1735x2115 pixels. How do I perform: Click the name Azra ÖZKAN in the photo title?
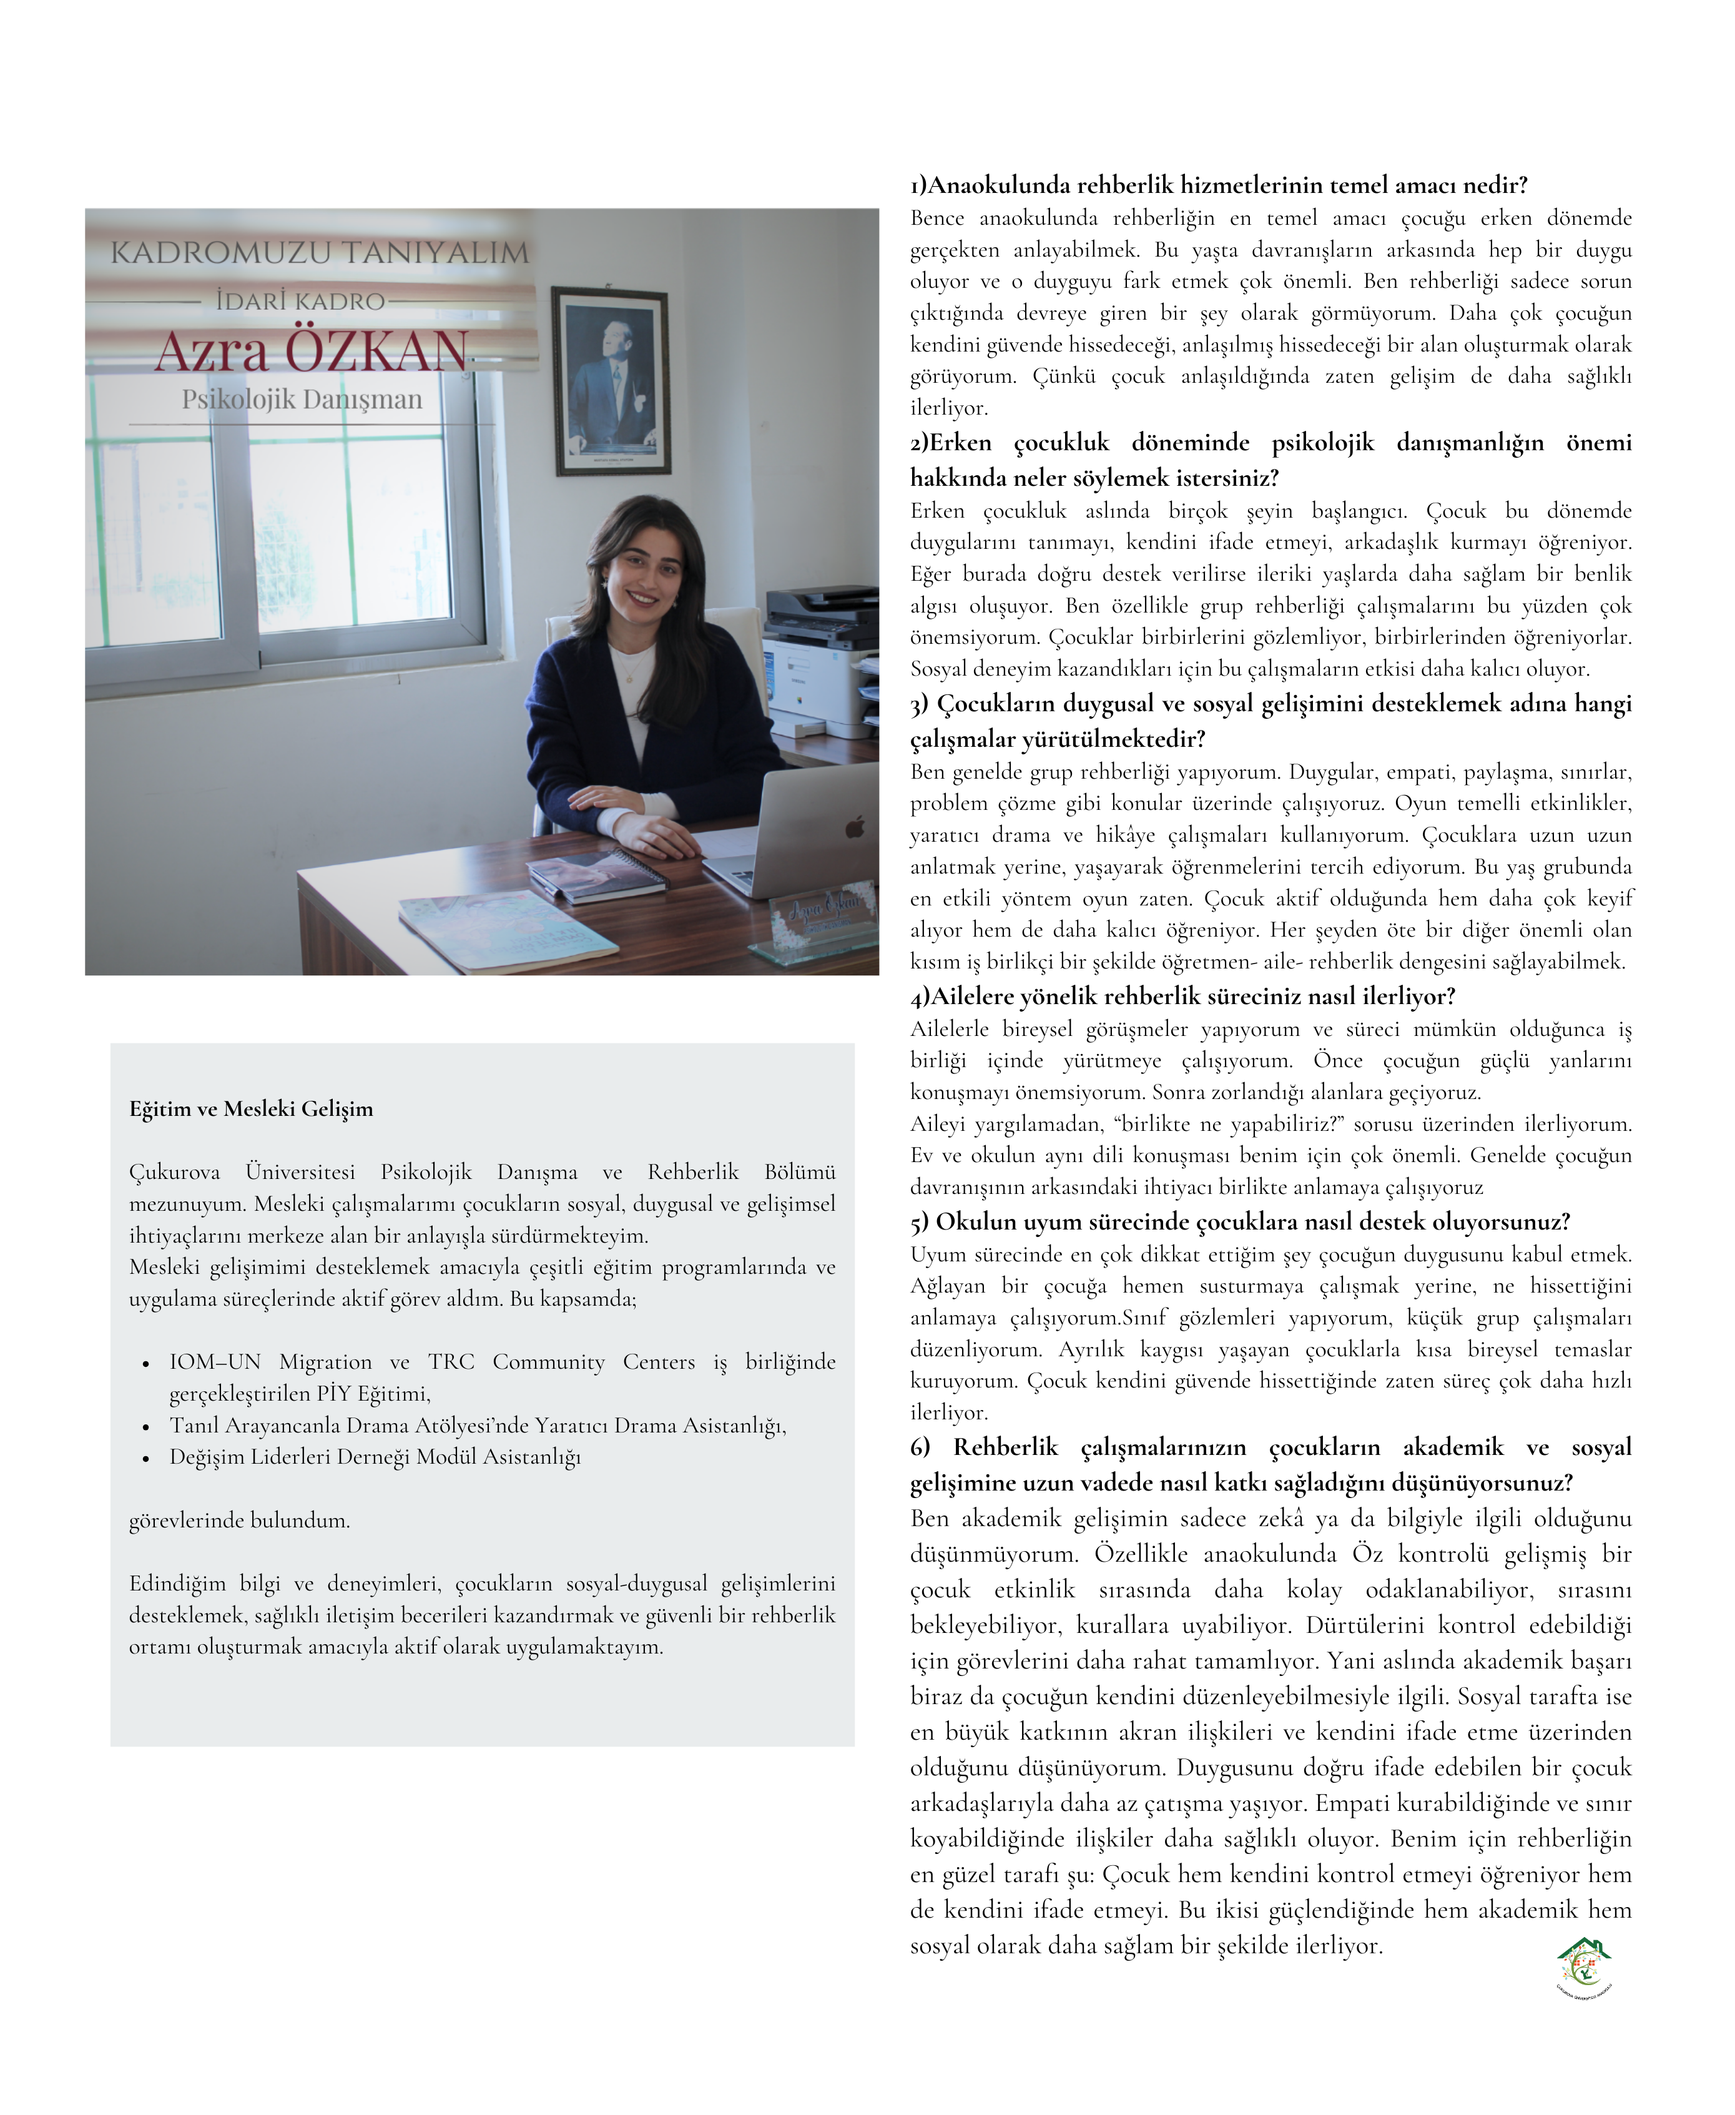311,351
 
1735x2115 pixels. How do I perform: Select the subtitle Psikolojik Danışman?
302,399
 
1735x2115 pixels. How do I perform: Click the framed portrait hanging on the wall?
611,381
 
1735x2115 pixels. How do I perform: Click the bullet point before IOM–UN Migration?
146,1363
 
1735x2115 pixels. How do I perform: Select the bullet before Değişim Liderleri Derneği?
146,1458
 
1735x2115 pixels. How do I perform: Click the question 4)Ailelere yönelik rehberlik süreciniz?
1182,997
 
